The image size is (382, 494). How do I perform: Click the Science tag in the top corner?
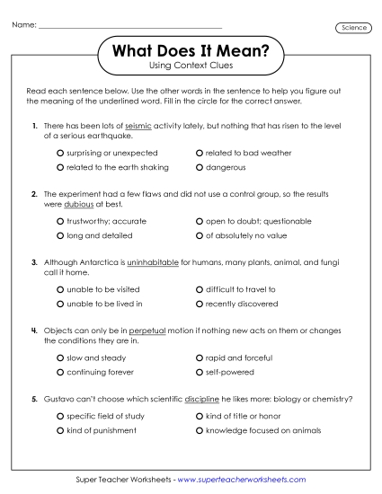pos(354,28)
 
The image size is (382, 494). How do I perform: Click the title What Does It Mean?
pos(190,53)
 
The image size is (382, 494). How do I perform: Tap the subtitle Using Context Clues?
pos(190,68)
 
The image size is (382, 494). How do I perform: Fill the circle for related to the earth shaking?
pos(60,167)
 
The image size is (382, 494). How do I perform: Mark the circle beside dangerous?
pos(200,167)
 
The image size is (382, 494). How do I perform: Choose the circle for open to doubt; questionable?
pos(200,221)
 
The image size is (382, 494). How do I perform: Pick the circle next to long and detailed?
pos(60,235)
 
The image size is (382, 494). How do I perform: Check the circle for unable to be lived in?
pos(60,304)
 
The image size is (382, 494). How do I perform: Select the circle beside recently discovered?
pos(200,304)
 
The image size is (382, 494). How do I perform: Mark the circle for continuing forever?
pos(60,372)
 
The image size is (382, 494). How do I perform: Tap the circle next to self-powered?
pos(200,372)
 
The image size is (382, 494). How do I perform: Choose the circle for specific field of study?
pos(60,417)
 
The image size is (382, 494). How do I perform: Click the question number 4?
pos(33,331)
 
